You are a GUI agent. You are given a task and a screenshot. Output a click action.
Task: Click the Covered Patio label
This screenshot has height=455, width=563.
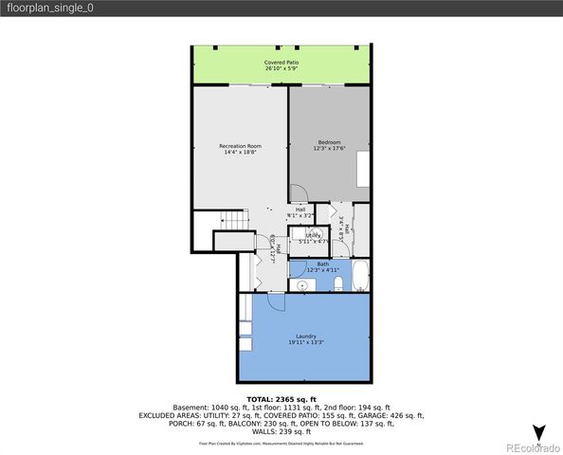tap(281, 62)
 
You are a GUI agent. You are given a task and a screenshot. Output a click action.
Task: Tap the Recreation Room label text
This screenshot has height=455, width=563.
tap(240, 145)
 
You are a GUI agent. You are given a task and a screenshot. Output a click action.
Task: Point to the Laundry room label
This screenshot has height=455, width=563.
tap(305, 336)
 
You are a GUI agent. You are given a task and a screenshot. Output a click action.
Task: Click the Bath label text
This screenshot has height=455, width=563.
tap(322, 264)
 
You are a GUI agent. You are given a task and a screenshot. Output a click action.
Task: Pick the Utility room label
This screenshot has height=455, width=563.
tap(313, 235)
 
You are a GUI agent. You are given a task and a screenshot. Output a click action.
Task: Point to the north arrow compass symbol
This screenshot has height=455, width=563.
tap(539, 433)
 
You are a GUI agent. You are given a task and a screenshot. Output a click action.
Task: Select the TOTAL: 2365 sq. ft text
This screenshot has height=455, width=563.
tap(281, 399)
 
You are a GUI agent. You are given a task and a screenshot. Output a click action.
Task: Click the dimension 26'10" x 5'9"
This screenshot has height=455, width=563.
tap(281, 68)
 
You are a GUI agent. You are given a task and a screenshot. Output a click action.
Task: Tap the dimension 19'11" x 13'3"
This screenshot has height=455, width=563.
tap(305, 342)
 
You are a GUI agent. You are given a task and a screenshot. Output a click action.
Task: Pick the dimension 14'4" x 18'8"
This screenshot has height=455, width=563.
tap(240, 152)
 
